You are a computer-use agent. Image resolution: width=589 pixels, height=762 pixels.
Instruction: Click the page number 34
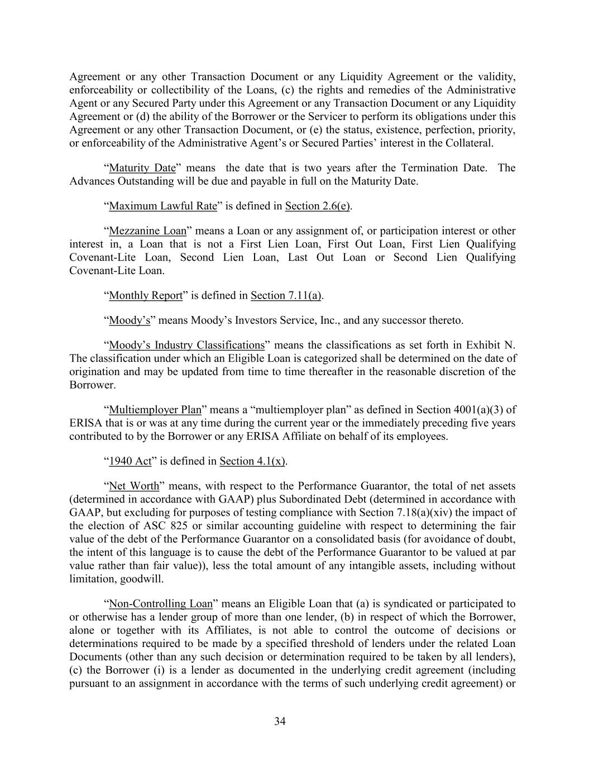[280, 721]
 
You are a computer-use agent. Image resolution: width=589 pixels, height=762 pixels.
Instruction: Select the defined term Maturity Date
[142, 168]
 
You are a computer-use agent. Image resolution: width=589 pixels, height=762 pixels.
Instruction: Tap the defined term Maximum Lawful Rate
[162, 206]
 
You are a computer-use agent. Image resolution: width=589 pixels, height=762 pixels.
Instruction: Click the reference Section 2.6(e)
[317, 206]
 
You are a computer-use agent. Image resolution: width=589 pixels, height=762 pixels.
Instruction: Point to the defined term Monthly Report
[145, 295]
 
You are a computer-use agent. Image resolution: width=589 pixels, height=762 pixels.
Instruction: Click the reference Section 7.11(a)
[286, 295]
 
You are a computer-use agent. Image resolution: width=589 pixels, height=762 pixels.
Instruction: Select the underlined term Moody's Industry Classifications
[186, 345]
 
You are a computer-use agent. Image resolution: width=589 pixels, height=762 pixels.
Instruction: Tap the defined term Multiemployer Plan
[155, 410]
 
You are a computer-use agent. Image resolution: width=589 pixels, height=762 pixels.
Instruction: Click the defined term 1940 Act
[130, 461]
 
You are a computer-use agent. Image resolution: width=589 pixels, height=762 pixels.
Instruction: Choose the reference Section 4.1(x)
[252, 461]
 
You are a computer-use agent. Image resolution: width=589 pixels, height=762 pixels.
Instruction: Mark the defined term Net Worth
[134, 486]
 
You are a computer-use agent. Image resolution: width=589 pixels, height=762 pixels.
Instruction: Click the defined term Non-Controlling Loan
[161, 603]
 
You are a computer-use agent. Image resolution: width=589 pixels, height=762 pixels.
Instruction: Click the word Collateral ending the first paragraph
[470, 143]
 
